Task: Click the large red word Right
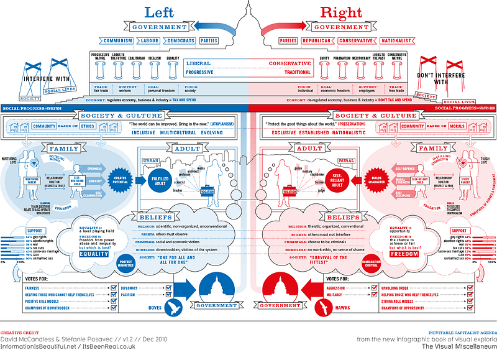(341, 12)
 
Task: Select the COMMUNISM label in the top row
(119, 41)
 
